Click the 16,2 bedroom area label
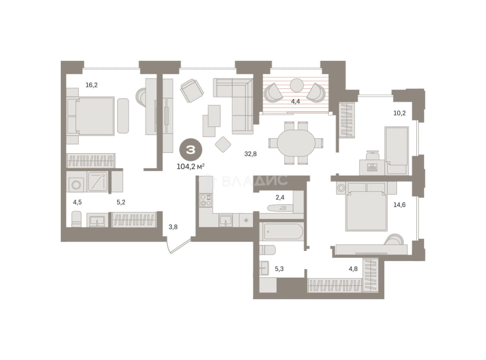91,85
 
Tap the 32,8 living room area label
250,154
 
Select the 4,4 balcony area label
295,102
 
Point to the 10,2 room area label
400,113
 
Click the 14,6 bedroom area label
400,205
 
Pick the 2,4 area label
280,197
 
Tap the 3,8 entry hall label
173,227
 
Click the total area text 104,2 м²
191,167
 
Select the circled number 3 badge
191,150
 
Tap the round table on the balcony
296,85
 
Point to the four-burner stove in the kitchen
206,200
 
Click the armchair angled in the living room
192,91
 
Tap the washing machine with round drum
76,185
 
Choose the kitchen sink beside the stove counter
225,220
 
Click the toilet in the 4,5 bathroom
76,219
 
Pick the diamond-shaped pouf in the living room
223,144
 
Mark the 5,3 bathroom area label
279,269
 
